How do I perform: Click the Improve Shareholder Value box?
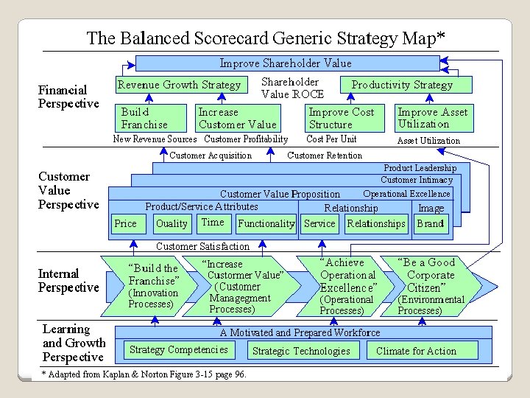coord(286,63)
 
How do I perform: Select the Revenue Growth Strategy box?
coord(180,85)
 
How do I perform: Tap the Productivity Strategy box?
coord(402,85)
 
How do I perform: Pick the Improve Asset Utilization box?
coord(433,118)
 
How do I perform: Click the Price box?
coord(126,223)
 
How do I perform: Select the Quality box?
coord(172,223)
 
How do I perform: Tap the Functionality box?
coord(266,223)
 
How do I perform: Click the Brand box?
coord(431,223)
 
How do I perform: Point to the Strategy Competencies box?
coord(179,349)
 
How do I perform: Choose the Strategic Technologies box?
coord(301,351)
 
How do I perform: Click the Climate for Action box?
coord(416,351)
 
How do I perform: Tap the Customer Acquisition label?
coord(211,156)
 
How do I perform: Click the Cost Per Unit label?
coord(331,139)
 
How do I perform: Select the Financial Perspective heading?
coord(68,97)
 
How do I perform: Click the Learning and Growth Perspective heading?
coord(74,343)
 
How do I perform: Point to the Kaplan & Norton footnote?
coord(144,374)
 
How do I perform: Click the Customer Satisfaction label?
coord(202,246)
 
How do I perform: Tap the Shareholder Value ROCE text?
coord(291,88)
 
